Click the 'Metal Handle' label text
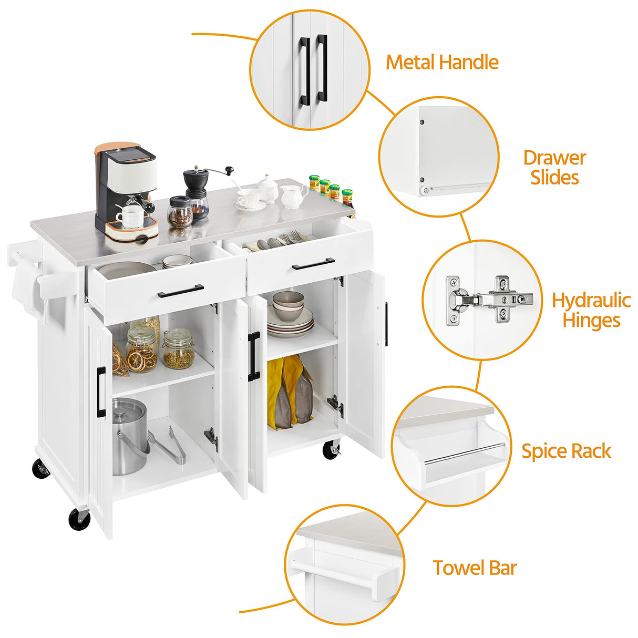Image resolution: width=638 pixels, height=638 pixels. coord(442,62)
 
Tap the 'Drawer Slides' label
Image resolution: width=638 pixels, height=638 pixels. coord(554,167)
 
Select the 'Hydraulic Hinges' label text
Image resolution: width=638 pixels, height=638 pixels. coord(591,310)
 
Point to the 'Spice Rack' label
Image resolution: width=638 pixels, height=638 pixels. coord(566,451)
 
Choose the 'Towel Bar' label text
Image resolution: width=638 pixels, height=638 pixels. coord(475,568)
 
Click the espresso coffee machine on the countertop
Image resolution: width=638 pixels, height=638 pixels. coord(126,189)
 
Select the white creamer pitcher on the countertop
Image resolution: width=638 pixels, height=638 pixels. coord(293,195)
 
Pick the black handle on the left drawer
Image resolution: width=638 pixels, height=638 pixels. coord(181,291)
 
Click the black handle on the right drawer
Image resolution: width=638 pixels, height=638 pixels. coord(314,263)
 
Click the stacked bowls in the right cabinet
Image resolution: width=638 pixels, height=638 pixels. coord(288,306)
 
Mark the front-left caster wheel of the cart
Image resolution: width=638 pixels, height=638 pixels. coord(79,519)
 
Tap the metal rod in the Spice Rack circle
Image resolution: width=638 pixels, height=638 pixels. coord(464,454)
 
